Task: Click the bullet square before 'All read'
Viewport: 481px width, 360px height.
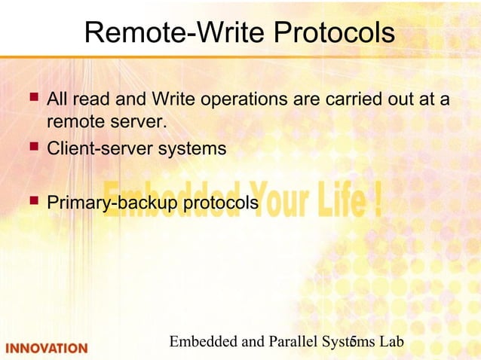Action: (x=32, y=98)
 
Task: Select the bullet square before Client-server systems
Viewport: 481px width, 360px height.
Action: (x=32, y=147)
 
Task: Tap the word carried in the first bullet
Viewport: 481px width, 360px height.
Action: (x=346, y=99)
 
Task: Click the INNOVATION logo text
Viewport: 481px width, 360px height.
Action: (x=47, y=348)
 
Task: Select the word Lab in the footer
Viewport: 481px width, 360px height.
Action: (x=391, y=342)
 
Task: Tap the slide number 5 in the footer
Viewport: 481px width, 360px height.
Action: (x=352, y=343)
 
